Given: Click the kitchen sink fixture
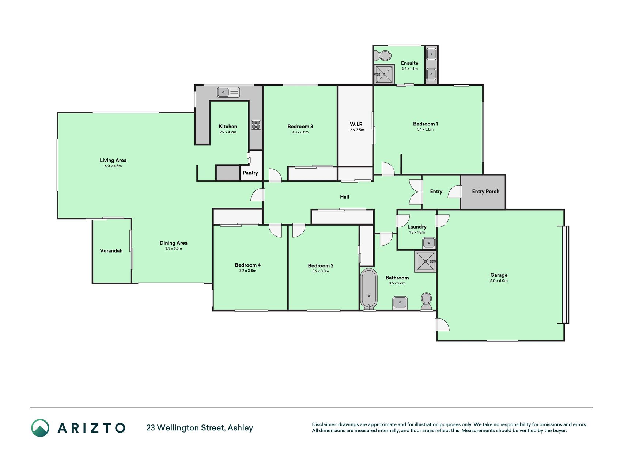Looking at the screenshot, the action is pyautogui.click(x=228, y=92).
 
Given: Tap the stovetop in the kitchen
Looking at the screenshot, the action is pyautogui.click(x=256, y=125).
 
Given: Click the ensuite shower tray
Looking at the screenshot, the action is pyautogui.click(x=384, y=75).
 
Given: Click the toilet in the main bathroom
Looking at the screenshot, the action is pyautogui.click(x=426, y=301).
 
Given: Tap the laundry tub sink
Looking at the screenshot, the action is pyautogui.click(x=429, y=242).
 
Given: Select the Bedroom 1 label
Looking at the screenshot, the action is pyautogui.click(x=426, y=124).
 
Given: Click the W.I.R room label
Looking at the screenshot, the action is pyautogui.click(x=356, y=124).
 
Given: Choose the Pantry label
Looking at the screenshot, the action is pyautogui.click(x=250, y=173).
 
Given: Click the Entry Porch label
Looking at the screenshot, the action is pyautogui.click(x=485, y=191).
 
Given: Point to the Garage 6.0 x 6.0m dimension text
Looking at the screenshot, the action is pyautogui.click(x=499, y=281).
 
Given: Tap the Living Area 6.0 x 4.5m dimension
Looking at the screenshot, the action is pyautogui.click(x=113, y=166).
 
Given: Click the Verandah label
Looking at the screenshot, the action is pyautogui.click(x=111, y=251).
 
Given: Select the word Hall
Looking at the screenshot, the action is pyautogui.click(x=344, y=197).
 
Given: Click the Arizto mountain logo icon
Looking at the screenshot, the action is pyautogui.click(x=40, y=428).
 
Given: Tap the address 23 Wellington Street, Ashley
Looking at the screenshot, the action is pyautogui.click(x=200, y=428).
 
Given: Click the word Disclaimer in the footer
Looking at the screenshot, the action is pyautogui.click(x=324, y=424).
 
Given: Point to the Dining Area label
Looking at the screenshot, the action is pyautogui.click(x=174, y=243).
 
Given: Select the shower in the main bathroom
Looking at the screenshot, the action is pyautogui.click(x=426, y=261).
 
